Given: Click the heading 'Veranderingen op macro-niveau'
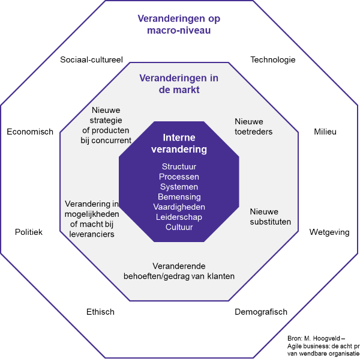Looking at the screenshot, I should pos(179,24).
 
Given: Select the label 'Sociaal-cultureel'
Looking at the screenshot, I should pos(91,60).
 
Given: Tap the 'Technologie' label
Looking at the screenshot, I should pos(272,60).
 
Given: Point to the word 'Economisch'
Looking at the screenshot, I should pos(30,132).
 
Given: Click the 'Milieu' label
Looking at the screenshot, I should pos(325,132).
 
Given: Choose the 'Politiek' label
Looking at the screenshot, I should pos(29,232).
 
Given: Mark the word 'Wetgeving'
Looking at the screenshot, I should pos(329,232).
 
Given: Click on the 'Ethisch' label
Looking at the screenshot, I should pos(100,312).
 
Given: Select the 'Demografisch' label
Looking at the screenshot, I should pos(260,312).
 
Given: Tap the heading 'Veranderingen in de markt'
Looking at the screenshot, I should pos(179,84).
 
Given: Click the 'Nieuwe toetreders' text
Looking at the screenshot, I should pos(253,127).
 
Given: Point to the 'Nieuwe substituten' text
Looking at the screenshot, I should pos(270,217).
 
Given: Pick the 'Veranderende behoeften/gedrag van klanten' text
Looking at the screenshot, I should pos(179,271).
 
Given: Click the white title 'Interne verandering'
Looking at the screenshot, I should pos(179,144).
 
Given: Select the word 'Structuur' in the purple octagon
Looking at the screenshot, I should pos(179,166).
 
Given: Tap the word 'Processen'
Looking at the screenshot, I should pos(179,177).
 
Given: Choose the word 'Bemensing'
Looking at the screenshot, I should pos(179,197).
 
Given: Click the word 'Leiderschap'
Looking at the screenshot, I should pos(179,217).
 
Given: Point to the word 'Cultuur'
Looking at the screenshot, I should pos(179,227).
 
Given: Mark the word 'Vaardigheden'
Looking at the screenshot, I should pos(179,207).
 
